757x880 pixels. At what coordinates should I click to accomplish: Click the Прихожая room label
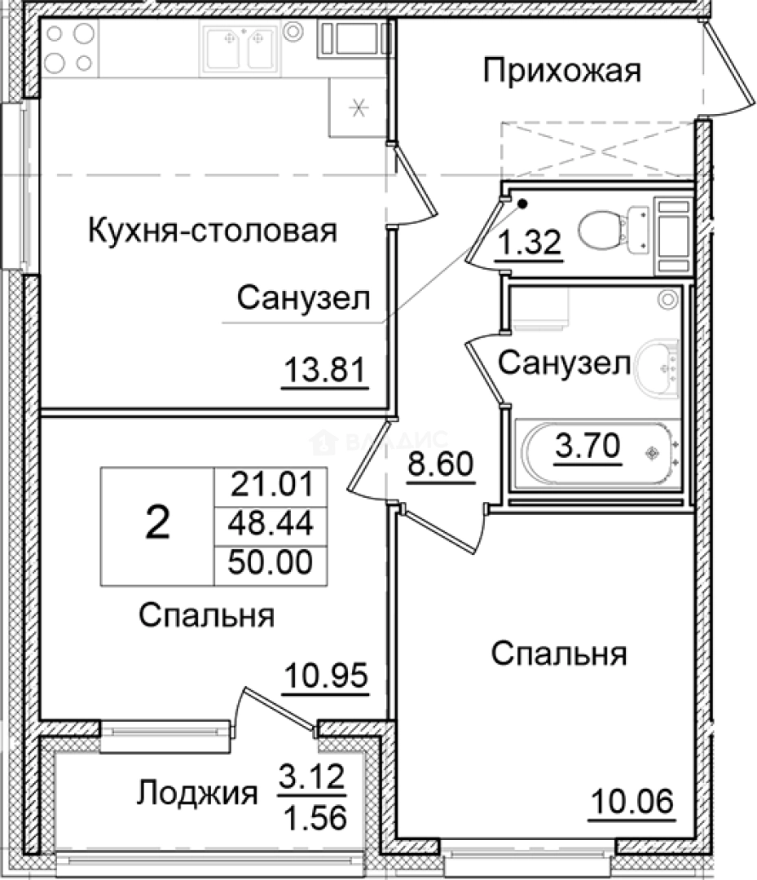click(562, 71)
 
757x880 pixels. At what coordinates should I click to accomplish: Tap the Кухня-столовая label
click(211, 231)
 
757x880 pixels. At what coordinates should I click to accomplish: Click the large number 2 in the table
click(157, 523)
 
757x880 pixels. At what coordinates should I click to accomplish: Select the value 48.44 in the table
click(271, 523)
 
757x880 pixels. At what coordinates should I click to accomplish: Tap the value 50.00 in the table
click(271, 562)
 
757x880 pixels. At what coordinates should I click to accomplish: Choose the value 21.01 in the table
click(271, 485)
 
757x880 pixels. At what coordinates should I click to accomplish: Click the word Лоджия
click(197, 792)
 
